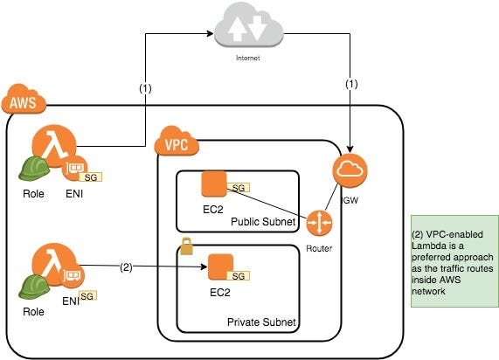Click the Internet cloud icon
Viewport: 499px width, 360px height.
coord(248,25)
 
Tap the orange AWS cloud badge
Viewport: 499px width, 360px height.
coord(24,99)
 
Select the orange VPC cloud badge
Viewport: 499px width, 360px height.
coord(177,141)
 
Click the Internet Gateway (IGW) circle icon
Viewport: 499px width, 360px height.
coord(350,170)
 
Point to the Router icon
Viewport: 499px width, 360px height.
coord(319,223)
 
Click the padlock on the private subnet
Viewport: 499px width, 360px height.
coord(186,246)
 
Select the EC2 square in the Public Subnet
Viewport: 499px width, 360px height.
coord(214,184)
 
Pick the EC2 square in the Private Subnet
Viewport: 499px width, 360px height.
coord(220,267)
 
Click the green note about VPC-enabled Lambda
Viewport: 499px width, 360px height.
coord(454,261)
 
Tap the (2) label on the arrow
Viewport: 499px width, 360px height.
coord(126,267)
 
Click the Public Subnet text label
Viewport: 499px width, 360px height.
coord(263,222)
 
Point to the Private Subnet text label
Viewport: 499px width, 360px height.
coord(261,322)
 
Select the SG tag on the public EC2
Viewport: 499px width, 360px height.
coord(238,188)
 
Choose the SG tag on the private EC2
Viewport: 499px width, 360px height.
coord(238,276)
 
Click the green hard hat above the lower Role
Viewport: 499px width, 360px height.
coord(34,287)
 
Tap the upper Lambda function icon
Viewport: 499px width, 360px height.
coord(54,146)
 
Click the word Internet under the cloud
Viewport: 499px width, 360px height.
coord(248,58)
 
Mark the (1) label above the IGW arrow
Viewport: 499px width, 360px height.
coord(351,84)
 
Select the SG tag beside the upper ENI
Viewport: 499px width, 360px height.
coord(91,177)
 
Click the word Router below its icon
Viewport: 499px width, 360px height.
coord(319,248)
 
